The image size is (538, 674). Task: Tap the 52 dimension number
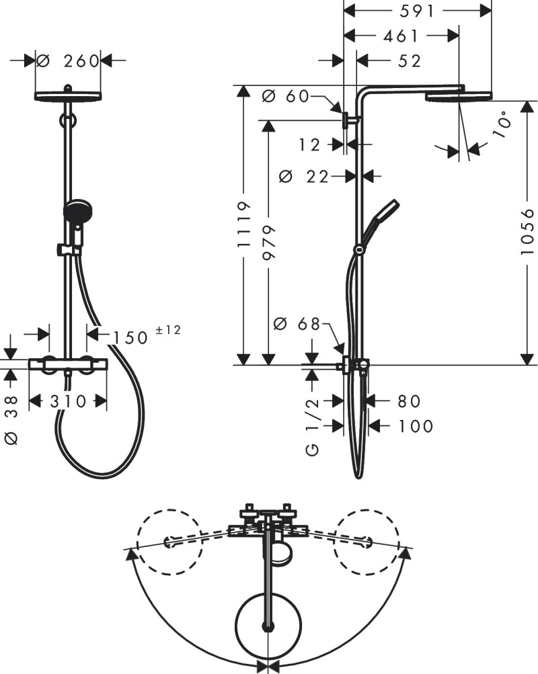point(409,60)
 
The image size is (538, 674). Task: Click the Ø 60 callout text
point(284,96)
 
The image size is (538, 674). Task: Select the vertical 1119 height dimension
point(246,226)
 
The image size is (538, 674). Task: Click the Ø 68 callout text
point(297,325)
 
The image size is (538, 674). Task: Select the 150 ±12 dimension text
point(145,335)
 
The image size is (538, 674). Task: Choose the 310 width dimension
point(68,402)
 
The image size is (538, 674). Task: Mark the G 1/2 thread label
point(313,427)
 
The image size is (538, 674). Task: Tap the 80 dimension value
point(408,401)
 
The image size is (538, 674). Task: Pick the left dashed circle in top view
point(169,542)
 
